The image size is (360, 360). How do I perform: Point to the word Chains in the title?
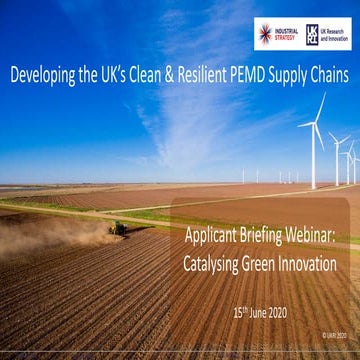(328, 73)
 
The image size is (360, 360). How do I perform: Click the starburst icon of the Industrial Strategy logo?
(265, 34)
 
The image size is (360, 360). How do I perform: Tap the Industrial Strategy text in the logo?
(286, 34)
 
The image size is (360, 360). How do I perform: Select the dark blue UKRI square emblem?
(313, 34)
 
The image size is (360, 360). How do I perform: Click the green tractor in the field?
(118, 228)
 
